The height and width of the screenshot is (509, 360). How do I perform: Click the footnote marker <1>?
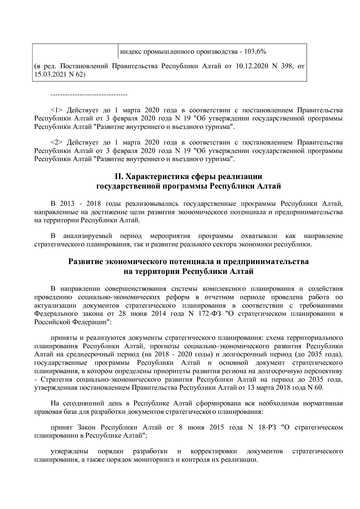point(57,110)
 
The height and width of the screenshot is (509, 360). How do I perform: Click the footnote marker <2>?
point(57,142)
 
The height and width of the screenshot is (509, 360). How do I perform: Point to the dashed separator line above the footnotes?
point(89,95)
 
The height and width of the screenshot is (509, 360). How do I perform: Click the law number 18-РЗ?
point(267,427)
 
